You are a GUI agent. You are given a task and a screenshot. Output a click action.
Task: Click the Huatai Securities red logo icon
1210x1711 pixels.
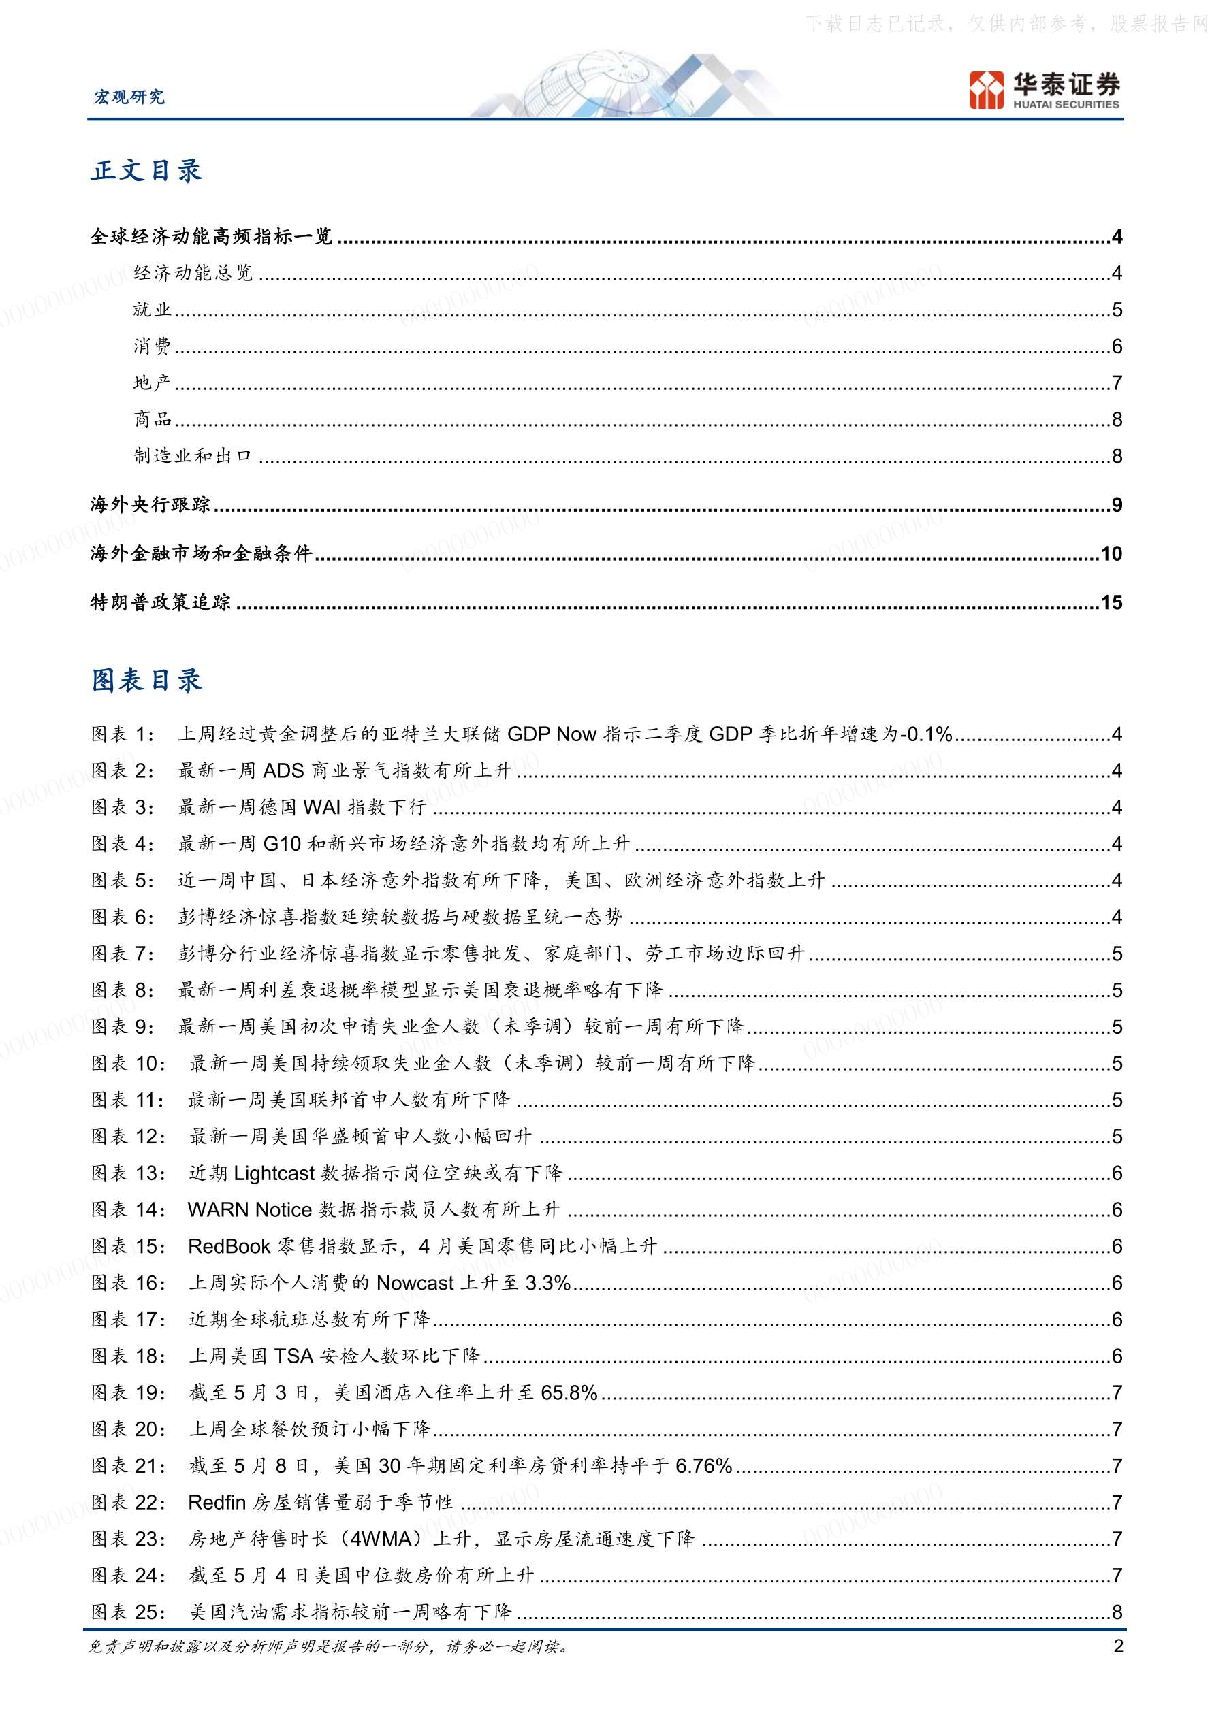click(987, 90)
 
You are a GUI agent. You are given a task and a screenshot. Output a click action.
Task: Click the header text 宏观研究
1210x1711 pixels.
click(128, 97)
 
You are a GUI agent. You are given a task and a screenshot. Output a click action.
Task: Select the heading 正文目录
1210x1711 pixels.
click(147, 171)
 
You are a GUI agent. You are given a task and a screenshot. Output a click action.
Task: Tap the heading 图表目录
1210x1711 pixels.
click(147, 681)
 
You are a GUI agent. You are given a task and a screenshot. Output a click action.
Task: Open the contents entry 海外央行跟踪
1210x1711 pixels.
click(150, 504)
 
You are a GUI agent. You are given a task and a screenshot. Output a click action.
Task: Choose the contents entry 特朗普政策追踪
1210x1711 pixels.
click(160, 602)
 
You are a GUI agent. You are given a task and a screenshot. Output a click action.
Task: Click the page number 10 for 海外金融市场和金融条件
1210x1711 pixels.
click(1111, 554)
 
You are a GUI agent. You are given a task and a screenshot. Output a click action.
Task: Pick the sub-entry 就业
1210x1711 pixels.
click(152, 309)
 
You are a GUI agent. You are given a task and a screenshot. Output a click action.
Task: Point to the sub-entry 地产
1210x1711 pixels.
click(152, 382)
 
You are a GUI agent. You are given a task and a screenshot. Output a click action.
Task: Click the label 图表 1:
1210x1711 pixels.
click(123, 734)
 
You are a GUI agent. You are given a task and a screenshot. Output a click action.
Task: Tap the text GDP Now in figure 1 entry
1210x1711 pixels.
click(552, 734)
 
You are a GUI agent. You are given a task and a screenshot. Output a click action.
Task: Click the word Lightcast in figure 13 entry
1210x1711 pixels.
click(274, 1173)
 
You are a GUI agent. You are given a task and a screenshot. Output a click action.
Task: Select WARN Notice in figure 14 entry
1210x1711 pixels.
click(249, 1209)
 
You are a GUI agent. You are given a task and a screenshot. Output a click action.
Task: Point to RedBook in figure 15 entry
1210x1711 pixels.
click(229, 1246)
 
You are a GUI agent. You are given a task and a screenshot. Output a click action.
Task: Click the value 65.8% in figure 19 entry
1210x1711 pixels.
click(569, 1392)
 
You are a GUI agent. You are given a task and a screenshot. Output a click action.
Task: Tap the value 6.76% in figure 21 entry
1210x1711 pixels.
click(703, 1465)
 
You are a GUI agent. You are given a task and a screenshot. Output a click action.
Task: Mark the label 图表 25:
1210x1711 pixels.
click(128, 1612)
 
